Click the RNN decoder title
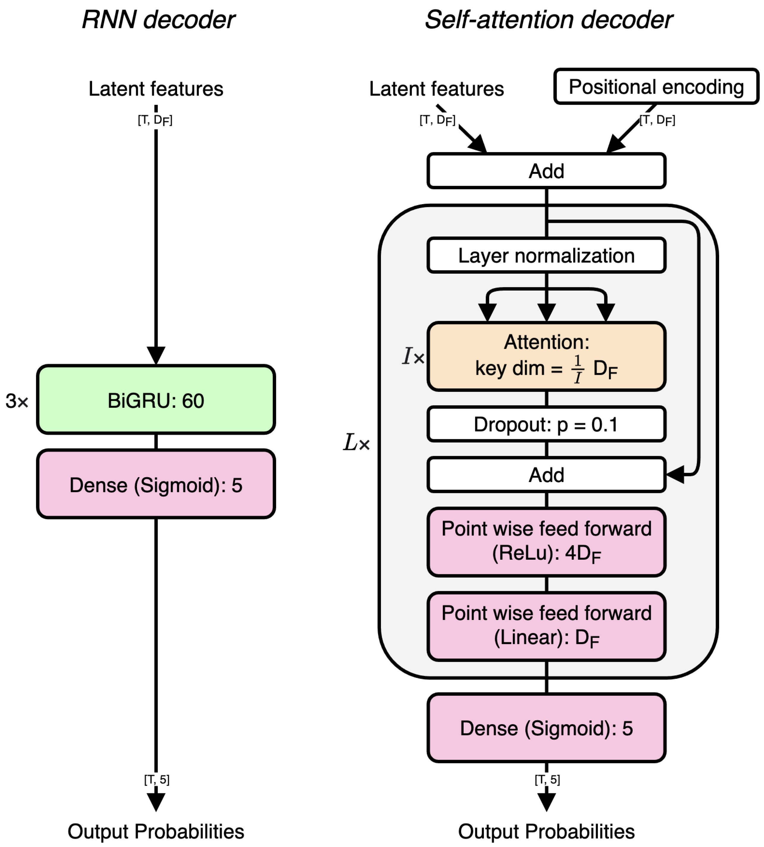(158, 20)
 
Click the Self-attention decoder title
(548, 20)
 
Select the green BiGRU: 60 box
(156, 399)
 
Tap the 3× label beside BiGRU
(17, 401)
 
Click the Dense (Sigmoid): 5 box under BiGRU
(156, 484)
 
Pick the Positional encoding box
(656, 86)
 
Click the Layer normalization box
(546, 255)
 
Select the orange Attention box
(546, 356)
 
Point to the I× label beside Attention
(413, 356)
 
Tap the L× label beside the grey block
(356, 443)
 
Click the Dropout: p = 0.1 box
(546, 424)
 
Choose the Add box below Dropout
(546, 475)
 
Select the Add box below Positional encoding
(546, 171)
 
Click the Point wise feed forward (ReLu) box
(546, 541)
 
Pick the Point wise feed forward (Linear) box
(546, 626)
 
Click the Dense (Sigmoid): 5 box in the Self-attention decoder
(546, 728)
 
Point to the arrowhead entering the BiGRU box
(156, 356)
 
